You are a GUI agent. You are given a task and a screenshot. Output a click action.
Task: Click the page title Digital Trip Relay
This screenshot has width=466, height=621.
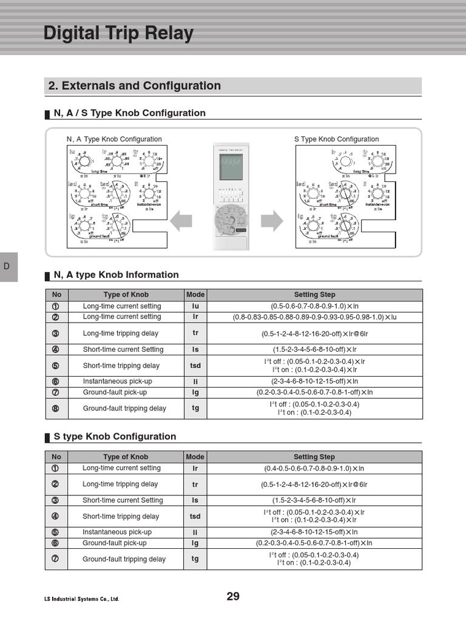coord(118,33)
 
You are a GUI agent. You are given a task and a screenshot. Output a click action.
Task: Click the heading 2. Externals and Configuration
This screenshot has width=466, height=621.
coord(134,86)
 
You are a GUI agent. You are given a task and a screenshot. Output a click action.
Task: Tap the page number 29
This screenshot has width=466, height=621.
coord(233,596)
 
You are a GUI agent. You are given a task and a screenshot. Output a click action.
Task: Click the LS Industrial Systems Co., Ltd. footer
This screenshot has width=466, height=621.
coord(81,599)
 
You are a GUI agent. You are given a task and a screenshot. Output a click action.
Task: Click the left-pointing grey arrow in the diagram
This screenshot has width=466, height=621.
coord(181,221)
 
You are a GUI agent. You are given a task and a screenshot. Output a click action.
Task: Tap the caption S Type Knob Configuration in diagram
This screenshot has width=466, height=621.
coord(336,139)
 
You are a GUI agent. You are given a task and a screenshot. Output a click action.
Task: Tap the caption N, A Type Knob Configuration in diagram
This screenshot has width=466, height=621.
coord(114,139)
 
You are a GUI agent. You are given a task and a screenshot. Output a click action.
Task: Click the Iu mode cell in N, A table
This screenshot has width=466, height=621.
coord(195,306)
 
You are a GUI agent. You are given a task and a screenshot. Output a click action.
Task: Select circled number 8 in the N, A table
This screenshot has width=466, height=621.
coord(56,408)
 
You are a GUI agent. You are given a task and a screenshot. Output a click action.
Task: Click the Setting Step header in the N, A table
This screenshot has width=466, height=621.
coord(314,295)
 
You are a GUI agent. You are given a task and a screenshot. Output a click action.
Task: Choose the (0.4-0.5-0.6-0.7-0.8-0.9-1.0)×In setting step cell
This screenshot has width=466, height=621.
coord(314,468)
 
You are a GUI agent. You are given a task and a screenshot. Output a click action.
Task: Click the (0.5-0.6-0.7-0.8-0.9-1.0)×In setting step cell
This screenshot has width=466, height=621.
coord(314,306)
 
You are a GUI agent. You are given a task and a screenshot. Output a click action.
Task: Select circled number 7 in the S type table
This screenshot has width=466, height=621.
coord(56,559)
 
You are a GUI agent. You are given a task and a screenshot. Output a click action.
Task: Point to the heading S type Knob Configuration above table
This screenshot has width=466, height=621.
coord(115,437)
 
